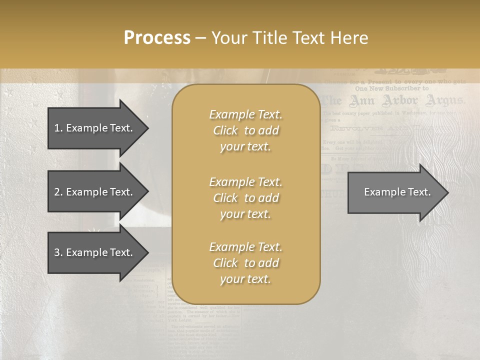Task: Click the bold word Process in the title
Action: click(157, 38)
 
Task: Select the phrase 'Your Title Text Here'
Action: click(290, 38)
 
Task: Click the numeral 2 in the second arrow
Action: click(57, 192)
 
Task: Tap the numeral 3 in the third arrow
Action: click(57, 252)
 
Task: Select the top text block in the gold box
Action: click(245, 130)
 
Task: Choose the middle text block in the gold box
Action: click(245, 198)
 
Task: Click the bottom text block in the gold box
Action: click(245, 263)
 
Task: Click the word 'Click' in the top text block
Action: click(225, 130)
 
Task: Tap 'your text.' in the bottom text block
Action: click(245, 279)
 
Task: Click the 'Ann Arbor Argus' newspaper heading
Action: click(392, 101)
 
